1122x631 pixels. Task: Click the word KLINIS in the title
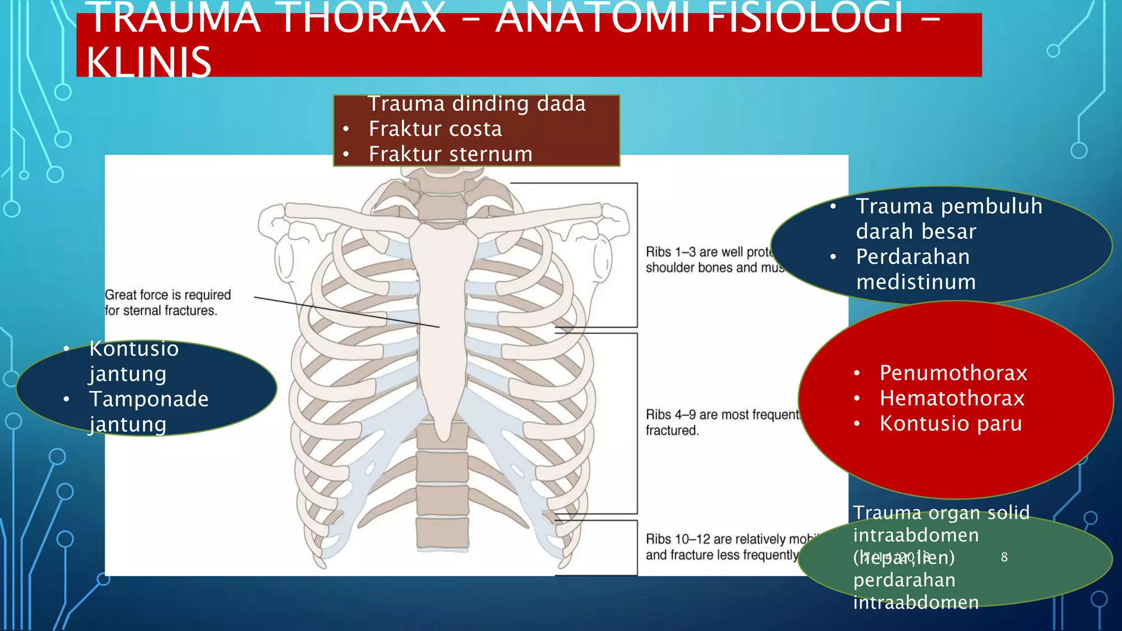coord(149,61)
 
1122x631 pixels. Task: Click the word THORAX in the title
coord(363,19)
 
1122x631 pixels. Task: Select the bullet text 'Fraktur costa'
coord(435,129)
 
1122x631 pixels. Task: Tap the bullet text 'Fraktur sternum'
coord(450,154)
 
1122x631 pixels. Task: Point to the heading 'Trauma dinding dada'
coord(477,104)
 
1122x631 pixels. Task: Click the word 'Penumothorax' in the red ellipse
coord(953,373)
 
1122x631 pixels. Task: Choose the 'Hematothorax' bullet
coord(952,398)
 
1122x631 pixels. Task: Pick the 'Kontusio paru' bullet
coord(951,423)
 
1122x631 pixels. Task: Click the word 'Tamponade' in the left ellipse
coord(148,399)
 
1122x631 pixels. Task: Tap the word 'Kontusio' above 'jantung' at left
coord(134,349)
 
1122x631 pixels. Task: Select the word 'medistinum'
coord(916,282)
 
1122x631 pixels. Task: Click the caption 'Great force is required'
coord(168,295)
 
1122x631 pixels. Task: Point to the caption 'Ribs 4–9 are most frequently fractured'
coord(722,422)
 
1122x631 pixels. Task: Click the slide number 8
coord(1004,557)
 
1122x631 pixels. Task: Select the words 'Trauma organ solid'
coord(941,513)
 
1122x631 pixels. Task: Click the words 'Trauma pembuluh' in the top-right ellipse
coord(949,206)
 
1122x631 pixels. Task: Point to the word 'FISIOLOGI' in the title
coord(804,19)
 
